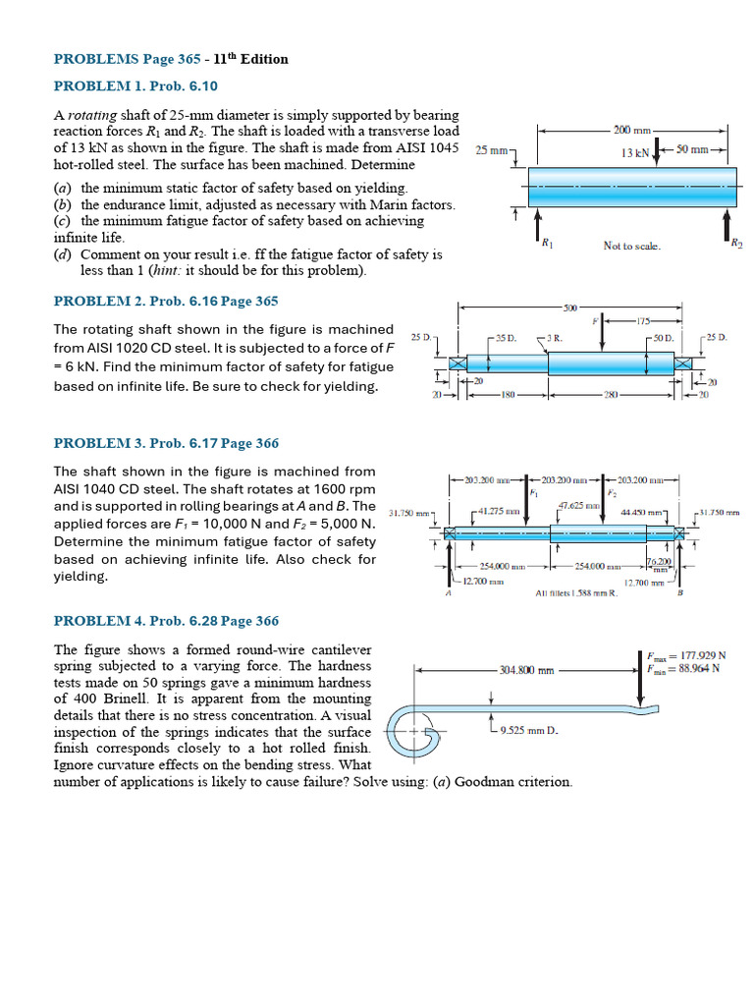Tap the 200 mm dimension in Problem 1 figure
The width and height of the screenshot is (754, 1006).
(633, 130)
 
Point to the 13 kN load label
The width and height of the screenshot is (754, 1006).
(636, 152)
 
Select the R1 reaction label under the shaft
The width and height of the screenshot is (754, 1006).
(546, 242)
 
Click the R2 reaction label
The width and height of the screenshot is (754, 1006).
(736, 242)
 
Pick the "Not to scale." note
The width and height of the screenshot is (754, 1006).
(631, 246)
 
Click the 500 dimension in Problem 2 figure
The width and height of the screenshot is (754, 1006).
(570, 307)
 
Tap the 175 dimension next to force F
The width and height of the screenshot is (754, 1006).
(643, 320)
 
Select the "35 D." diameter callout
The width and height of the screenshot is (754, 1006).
(506, 337)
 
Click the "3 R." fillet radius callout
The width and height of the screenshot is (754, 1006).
(554, 337)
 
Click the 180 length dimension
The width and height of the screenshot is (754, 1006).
(509, 395)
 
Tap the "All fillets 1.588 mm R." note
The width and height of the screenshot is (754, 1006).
(576, 593)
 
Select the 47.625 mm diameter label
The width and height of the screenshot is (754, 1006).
(577, 506)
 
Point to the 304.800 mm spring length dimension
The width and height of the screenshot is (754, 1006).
(527, 671)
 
